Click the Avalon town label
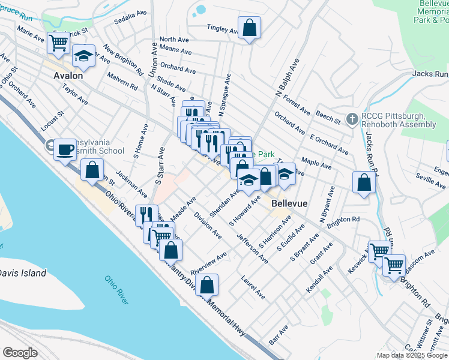point(68,76)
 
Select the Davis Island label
point(22,273)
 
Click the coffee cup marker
point(65,149)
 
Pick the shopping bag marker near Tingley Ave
point(249,28)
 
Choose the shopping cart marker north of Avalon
point(58,42)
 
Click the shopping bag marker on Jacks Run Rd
point(364,182)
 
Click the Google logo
point(20,352)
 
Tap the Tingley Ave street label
point(223,29)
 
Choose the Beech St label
point(328,117)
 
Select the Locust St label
point(52,121)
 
